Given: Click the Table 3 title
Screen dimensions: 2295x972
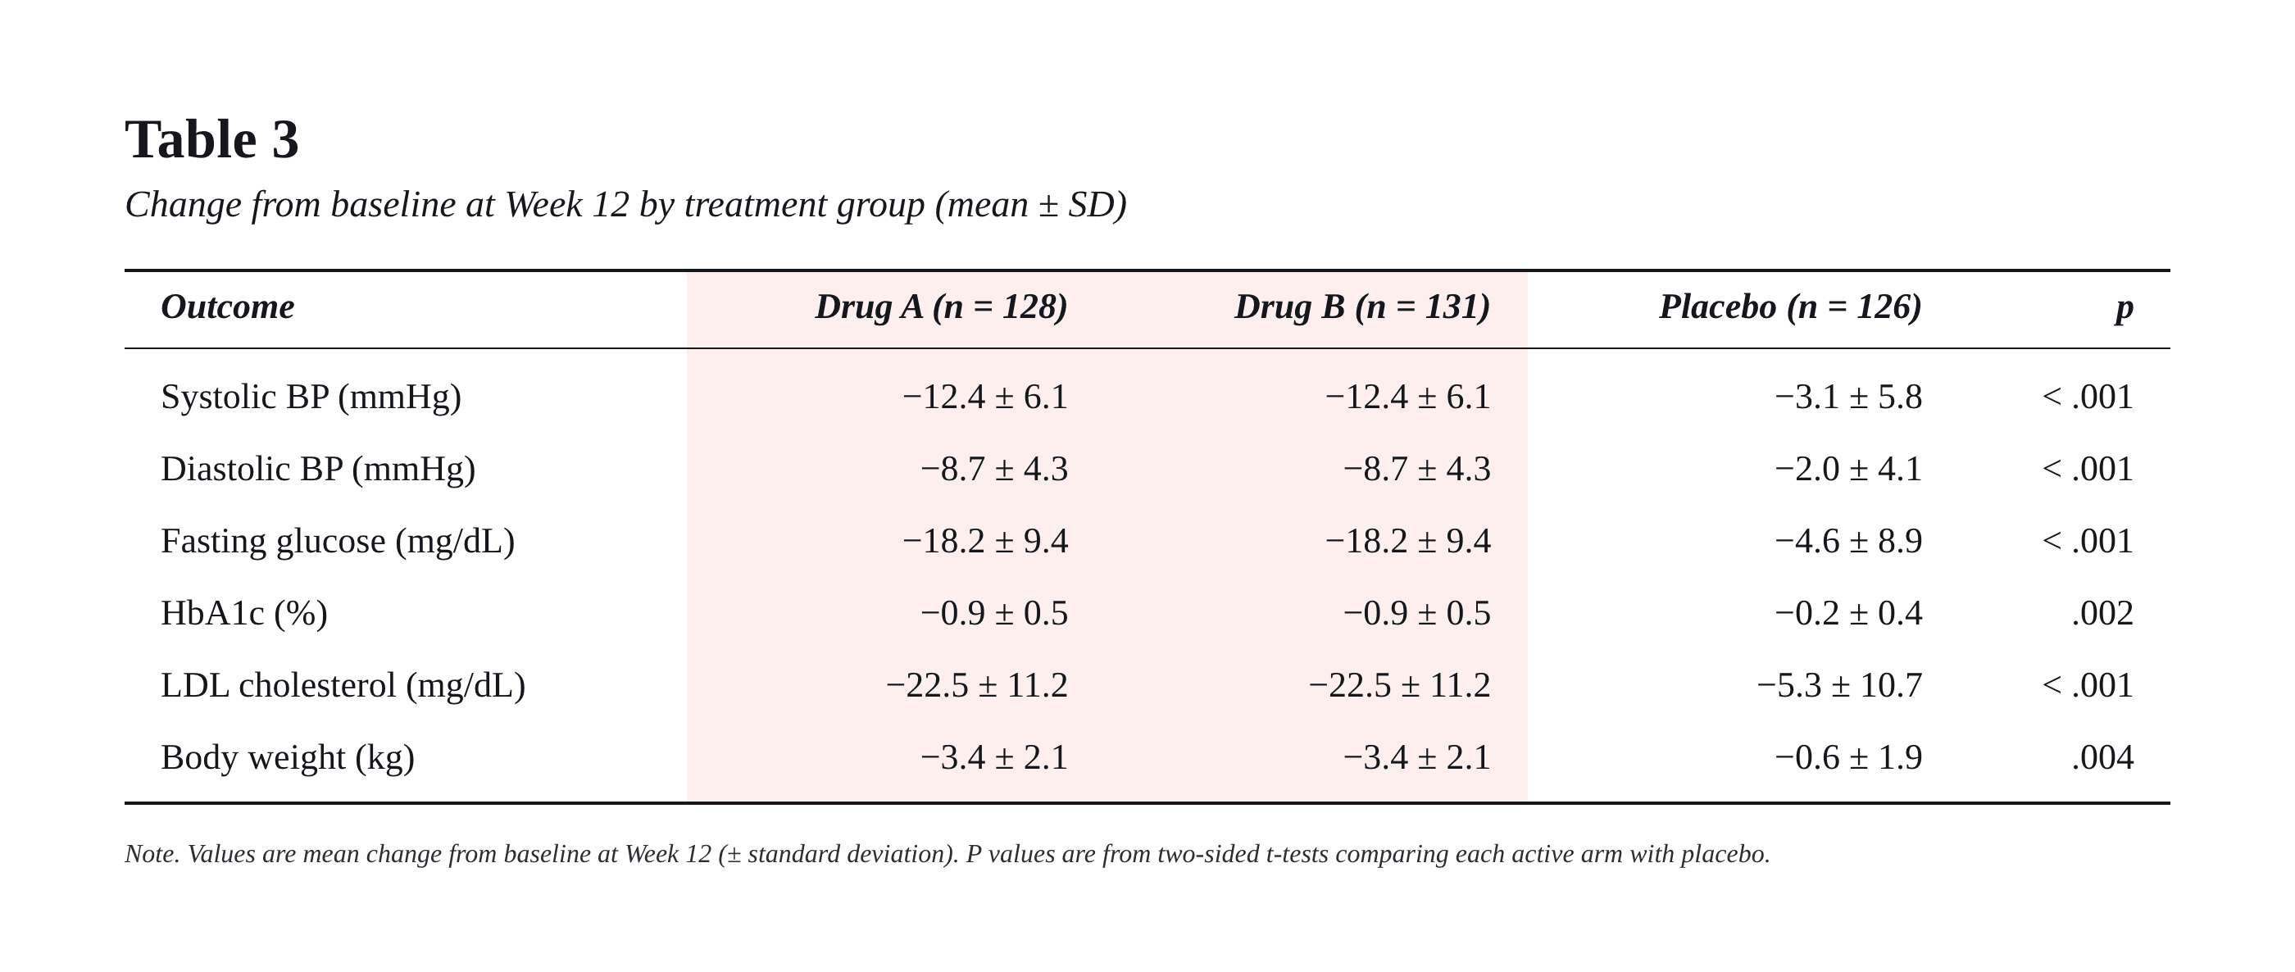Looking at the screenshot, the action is [212, 140].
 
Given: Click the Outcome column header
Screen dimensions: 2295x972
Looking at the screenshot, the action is [227, 307].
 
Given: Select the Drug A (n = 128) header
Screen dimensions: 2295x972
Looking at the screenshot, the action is [941, 307].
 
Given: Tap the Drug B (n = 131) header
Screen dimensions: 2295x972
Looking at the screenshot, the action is [1362, 307].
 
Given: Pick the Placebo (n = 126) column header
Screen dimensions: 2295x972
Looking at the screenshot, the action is [1791, 307].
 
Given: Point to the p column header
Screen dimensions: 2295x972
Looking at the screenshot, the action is [2125, 308].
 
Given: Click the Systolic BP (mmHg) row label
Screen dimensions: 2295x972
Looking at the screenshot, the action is [311, 397].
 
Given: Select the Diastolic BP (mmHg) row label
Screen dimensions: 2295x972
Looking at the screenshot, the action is [318, 470].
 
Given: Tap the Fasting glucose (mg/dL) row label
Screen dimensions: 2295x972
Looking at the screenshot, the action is [338, 542].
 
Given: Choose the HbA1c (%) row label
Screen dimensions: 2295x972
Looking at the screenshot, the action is [244, 614].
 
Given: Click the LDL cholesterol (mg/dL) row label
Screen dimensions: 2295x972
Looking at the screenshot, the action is [343, 686].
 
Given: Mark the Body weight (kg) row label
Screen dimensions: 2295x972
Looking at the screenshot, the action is [288, 758].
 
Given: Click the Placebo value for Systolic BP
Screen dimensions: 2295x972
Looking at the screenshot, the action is [1848, 397].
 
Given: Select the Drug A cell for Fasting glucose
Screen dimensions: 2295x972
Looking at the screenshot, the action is [985, 542].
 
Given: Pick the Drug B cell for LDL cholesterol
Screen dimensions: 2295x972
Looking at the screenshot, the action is [1400, 686].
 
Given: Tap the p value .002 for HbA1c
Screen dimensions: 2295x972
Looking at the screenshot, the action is [2102, 614].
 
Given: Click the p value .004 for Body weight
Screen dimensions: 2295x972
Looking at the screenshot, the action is [2102, 758].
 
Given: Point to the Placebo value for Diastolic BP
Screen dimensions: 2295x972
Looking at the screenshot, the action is [1848, 470].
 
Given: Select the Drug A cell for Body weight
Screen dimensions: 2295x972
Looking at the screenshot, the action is [994, 758].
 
